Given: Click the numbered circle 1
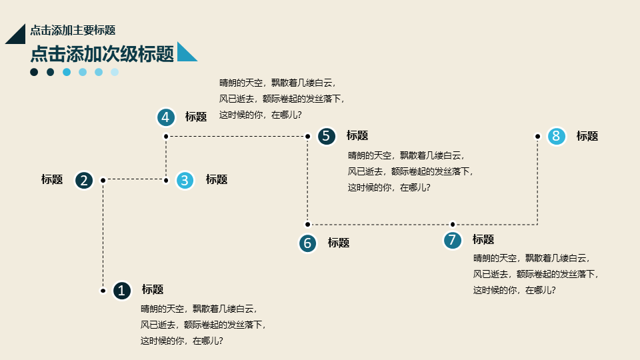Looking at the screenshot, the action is coord(121,291).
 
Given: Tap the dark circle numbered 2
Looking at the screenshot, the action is coord(84,181).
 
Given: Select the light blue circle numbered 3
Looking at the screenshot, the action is coord(185,181).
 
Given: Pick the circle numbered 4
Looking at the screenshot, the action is coord(166,117).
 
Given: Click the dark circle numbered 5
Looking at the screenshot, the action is coord(327,136).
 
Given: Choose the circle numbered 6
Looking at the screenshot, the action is coord(308,243).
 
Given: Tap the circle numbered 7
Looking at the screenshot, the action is coord(452,240).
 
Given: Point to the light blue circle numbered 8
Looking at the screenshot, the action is coord(556,136).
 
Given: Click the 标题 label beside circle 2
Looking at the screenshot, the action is coord(52,179).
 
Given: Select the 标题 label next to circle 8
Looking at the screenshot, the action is coord(587,136).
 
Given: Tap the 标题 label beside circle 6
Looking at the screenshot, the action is coord(339,243).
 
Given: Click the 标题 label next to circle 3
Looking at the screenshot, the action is coord(217,179).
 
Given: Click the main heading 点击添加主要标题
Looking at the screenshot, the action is coord(73,30).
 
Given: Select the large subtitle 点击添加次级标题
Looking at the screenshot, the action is coord(102,54).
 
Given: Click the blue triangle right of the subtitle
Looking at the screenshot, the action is coord(186,52).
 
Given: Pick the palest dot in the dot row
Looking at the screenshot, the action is coord(115,72).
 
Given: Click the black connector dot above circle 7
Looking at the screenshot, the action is coord(452,224).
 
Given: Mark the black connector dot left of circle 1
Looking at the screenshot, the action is coord(103,291).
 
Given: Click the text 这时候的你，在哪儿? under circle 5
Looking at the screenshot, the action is coord(389,188).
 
